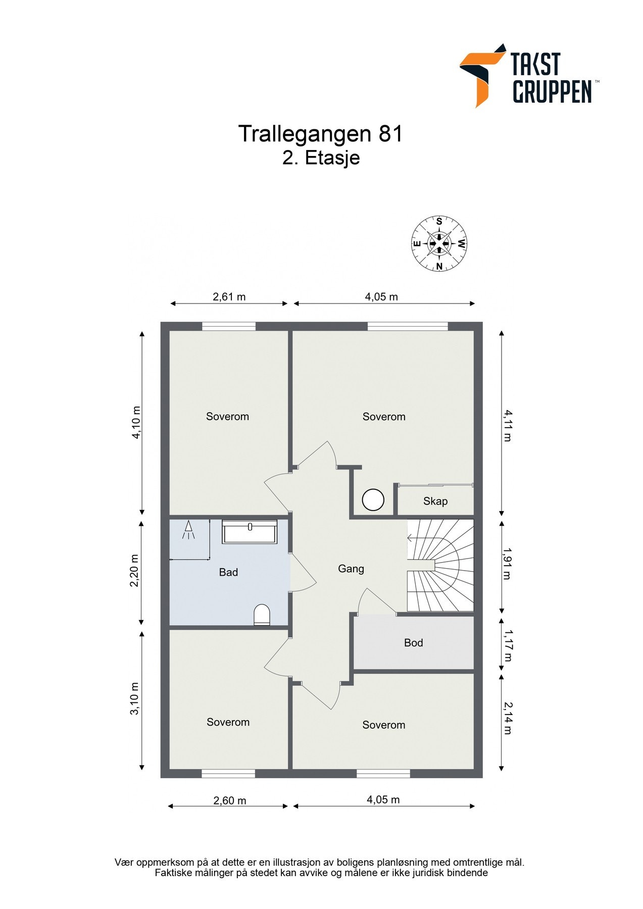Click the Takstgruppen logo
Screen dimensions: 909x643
pos(528,76)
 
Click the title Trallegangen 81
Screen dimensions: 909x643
pos(320,134)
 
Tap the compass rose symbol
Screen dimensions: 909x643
pos(439,243)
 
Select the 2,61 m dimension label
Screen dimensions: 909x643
pos(229,297)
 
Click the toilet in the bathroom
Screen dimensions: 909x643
pos(262,615)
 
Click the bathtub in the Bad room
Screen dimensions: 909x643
pos(250,532)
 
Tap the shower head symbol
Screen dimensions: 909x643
pos(189,530)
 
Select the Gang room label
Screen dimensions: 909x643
pos(351,569)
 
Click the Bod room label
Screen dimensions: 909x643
pos(413,643)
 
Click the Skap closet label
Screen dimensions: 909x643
pos(435,501)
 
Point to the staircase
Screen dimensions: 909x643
pos(440,565)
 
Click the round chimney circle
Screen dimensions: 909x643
pos(373,500)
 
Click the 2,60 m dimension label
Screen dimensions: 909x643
pos(230,800)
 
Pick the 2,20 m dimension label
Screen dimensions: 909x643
pos(134,571)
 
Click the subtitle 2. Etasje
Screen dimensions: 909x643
pos(321,158)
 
